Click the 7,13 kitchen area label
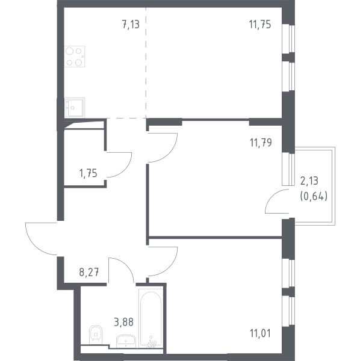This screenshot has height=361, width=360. coord(131,24)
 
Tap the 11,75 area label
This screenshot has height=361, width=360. coord(260,24)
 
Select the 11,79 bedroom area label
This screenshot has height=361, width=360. coord(261,143)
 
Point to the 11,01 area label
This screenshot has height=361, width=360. coord(260,333)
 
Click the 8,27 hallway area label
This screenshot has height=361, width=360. coord(89,272)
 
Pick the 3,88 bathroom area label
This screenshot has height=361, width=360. coord(123,322)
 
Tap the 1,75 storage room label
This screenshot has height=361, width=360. coord(88,173)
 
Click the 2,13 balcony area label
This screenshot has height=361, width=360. coord(309,180)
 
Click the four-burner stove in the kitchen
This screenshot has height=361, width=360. coord(75,57)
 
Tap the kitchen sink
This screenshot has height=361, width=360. coord(75,108)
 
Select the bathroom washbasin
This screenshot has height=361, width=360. coord(126,341)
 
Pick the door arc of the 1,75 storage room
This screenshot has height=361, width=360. coord(126,170)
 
